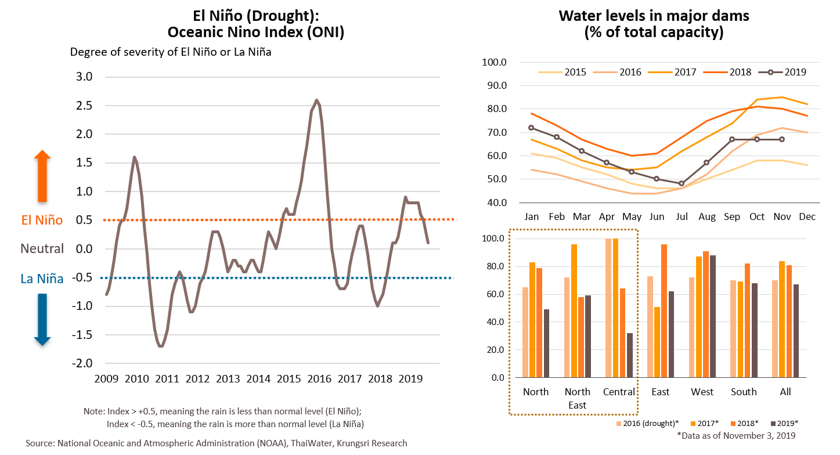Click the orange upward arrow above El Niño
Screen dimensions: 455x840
(42, 175)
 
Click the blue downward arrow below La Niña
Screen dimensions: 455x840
(42, 319)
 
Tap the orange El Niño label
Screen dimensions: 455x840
(42, 220)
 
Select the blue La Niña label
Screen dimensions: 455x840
(42, 278)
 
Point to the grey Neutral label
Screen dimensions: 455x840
(42, 248)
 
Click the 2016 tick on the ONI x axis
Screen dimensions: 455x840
(319, 379)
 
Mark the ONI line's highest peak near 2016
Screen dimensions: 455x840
(316, 100)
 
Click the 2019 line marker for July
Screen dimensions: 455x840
(682, 183)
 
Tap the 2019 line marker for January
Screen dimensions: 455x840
(531, 128)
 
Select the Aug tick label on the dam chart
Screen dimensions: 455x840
(707, 216)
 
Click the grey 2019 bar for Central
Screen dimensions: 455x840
(630, 355)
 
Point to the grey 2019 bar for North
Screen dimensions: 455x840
(547, 343)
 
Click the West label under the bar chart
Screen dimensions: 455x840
(702, 392)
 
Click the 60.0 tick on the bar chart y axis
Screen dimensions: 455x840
(498, 294)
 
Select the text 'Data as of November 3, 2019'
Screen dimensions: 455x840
(739, 435)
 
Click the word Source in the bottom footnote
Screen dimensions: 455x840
(39, 443)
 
